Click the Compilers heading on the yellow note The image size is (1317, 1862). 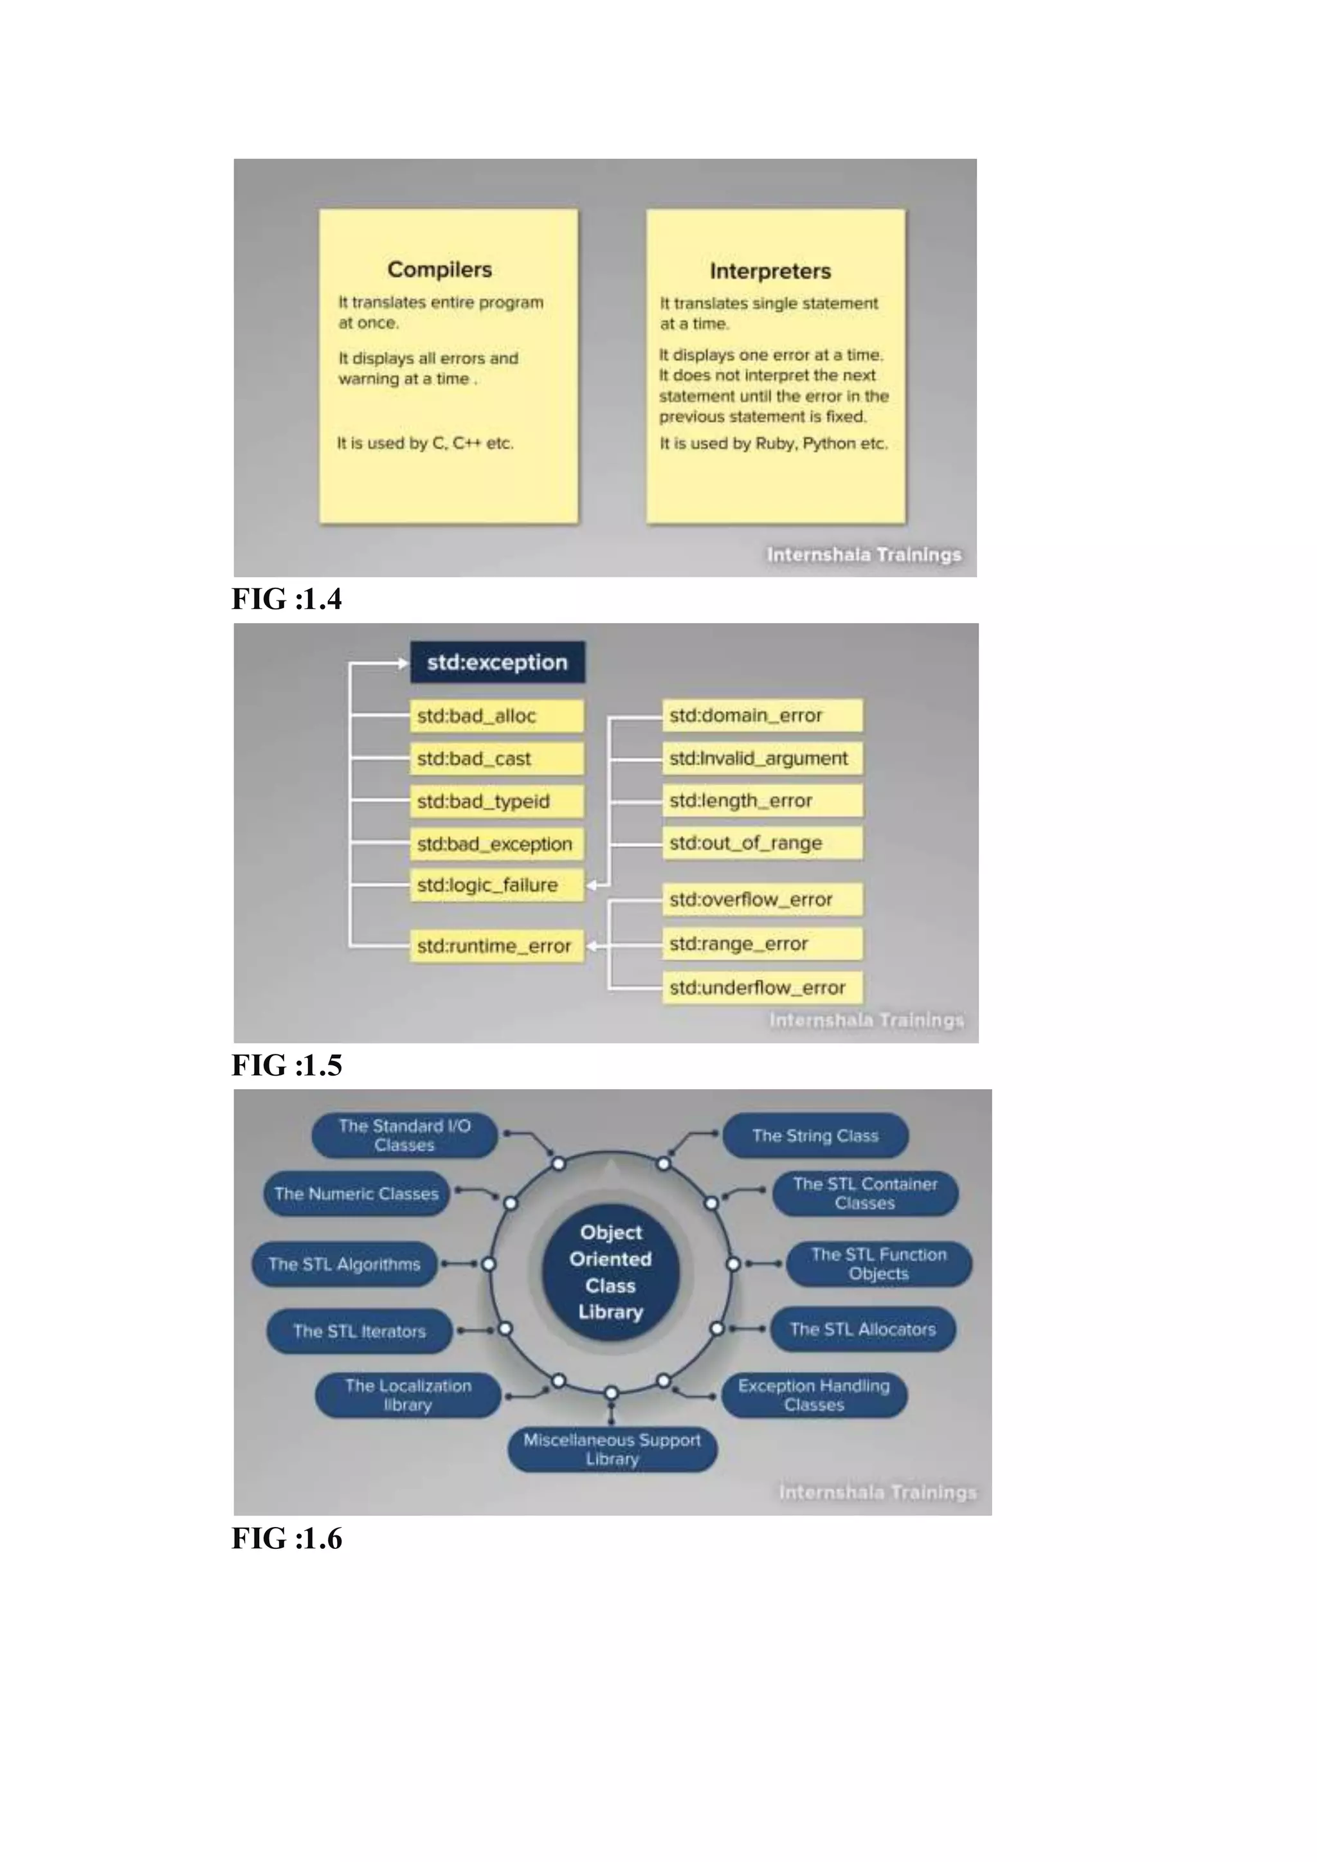coord(440,269)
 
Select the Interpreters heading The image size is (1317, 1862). coord(770,271)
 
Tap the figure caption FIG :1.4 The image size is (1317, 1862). coord(287,599)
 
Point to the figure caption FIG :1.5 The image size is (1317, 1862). coord(287,1065)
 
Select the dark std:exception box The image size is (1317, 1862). coord(497,663)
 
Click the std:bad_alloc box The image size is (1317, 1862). coord(496,716)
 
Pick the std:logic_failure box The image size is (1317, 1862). coord(496,885)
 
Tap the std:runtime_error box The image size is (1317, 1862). coord(496,946)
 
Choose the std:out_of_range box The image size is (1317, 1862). coord(761,844)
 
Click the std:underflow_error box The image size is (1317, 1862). coord(761,988)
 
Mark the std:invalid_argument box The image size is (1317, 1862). coord(761,758)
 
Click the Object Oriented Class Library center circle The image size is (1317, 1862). coord(611,1272)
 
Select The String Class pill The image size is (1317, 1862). coord(815,1135)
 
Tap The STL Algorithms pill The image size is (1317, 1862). coord(345,1264)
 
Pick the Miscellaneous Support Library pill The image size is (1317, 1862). coord(612,1449)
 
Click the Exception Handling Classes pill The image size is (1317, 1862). coord(814,1395)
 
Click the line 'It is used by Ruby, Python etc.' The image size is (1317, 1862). coord(774,444)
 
